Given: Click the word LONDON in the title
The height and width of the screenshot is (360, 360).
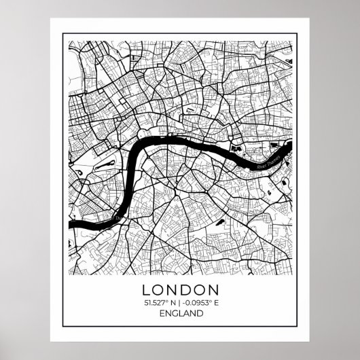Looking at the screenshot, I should [x=179, y=289].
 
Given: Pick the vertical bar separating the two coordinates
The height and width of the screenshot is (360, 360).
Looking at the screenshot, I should [x=179, y=302].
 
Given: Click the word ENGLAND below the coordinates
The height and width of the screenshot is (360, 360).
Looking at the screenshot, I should [x=179, y=314].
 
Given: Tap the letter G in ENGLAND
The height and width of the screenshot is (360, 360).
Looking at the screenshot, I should [x=173, y=314].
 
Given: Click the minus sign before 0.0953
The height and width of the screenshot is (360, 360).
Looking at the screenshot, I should [x=185, y=302].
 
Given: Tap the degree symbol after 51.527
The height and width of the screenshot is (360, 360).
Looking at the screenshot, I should [x=166, y=301].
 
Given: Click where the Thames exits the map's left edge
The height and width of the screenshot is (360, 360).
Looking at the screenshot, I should [x=69, y=222].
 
